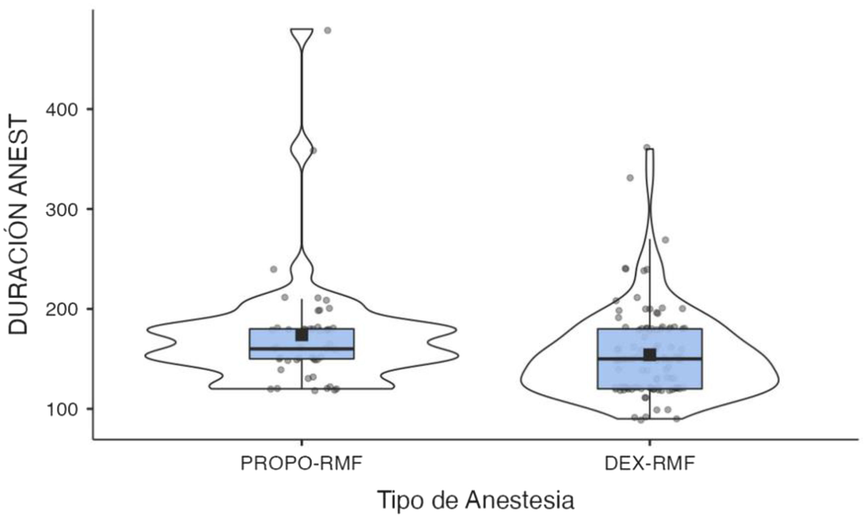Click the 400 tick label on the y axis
pyautogui.click(x=61, y=110)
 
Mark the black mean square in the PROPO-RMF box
pyautogui.click(x=302, y=335)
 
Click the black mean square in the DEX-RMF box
pyautogui.click(x=650, y=355)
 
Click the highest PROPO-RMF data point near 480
pyautogui.click(x=328, y=30)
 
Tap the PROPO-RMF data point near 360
pyautogui.click(x=313, y=150)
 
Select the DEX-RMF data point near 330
pyautogui.click(x=630, y=178)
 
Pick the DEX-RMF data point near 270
pyautogui.click(x=665, y=240)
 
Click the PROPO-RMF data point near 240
pyautogui.click(x=273, y=269)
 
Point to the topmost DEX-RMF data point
pyautogui.click(x=647, y=147)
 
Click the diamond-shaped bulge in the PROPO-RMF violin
pyautogui.click(x=302, y=149)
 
